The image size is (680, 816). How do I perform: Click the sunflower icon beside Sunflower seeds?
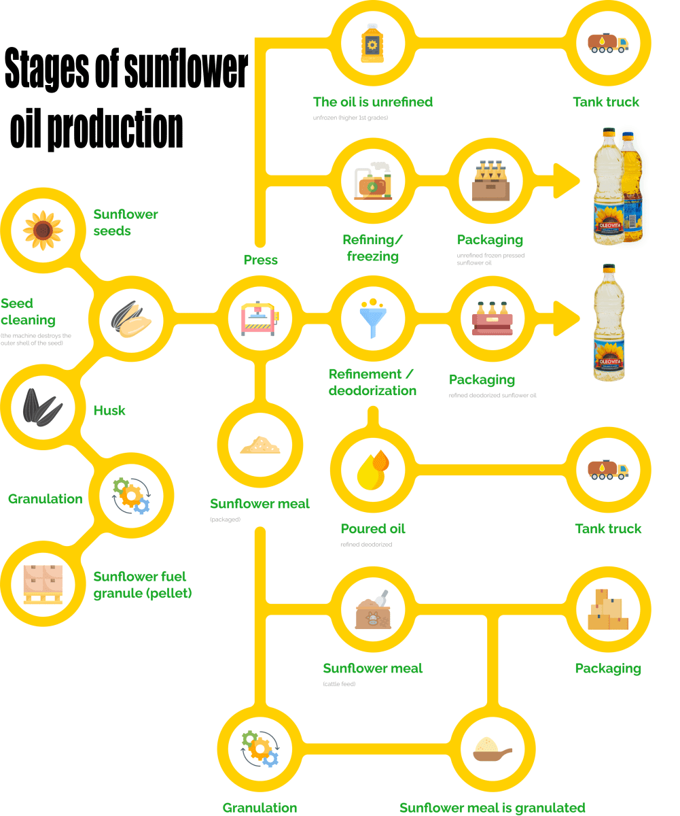(43, 230)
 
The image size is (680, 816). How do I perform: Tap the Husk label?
(109, 411)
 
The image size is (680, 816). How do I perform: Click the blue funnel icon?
(372, 317)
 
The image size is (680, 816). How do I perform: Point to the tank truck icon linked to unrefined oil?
(609, 44)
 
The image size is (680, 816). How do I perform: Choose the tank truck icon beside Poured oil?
(609, 469)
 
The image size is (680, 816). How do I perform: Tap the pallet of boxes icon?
(43, 583)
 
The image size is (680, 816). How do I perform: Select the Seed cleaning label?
(27, 311)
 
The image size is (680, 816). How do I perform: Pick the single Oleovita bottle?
(609, 324)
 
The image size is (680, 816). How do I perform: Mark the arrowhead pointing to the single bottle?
(567, 317)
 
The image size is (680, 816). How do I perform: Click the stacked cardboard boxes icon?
(609, 609)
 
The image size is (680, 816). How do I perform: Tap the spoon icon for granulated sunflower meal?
(492, 751)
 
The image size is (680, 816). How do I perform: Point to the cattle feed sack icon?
(372, 609)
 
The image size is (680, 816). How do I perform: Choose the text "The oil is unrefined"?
(373, 102)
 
